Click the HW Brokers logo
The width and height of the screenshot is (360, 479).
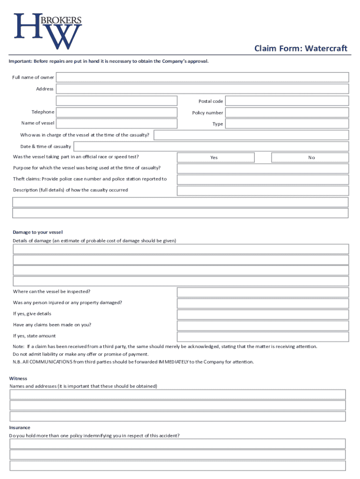coord(48,31)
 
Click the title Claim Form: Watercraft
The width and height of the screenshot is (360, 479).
coord(301,49)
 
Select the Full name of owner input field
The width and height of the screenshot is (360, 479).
coord(202,77)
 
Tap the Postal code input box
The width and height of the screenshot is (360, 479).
coord(288,101)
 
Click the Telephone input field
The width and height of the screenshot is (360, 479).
coord(117,112)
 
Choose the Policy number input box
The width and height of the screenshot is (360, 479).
coord(288,113)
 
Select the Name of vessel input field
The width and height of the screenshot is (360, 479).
coord(117,123)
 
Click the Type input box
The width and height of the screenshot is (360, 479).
coord(288,124)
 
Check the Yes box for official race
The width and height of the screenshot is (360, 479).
coord(214,158)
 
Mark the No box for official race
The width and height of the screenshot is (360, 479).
coord(311,158)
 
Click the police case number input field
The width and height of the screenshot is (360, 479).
coord(262,180)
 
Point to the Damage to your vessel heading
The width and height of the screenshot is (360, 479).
coord(38,232)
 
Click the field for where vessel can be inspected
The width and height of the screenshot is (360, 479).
coord(262,292)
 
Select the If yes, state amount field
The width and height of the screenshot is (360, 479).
coord(262,337)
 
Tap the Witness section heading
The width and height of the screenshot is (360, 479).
coord(18,378)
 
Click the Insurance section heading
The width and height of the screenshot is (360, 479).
coord(20,428)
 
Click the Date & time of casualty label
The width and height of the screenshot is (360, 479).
coord(46,146)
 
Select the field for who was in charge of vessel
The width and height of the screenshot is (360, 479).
coord(251,135)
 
